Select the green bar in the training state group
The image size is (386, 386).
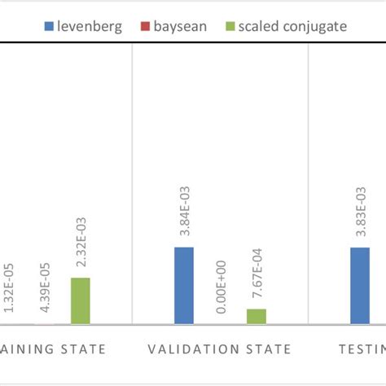(x=80, y=300)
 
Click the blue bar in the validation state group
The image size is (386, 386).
(x=184, y=285)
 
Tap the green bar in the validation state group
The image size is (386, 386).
(x=256, y=316)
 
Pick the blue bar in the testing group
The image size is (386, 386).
(x=360, y=285)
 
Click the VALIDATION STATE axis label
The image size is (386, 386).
(x=219, y=349)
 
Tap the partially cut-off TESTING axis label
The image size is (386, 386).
(x=362, y=349)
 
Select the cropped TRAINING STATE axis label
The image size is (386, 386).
(x=53, y=349)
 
